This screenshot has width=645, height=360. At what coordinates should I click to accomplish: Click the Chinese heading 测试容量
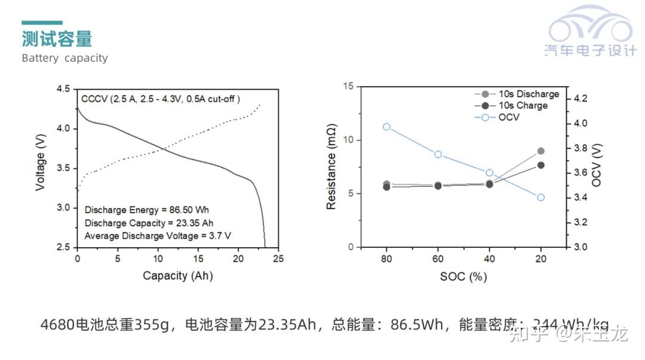tap(57, 39)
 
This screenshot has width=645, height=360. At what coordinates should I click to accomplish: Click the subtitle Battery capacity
tap(64, 58)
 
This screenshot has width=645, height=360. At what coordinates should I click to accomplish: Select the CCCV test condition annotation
tap(161, 99)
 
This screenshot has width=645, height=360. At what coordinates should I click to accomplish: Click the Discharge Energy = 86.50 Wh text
tap(147, 210)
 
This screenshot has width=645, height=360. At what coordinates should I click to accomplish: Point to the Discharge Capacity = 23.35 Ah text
tap(149, 223)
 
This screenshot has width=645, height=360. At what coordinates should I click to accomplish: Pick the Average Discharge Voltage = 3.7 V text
tap(158, 235)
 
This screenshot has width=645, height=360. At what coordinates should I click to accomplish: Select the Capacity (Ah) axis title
tap(177, 275)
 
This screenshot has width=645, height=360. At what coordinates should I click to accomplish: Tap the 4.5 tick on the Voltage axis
tap(63, 89)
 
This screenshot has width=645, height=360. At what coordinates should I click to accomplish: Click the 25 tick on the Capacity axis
tap(278, 259)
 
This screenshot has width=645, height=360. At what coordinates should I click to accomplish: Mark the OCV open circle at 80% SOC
tap(386, 127)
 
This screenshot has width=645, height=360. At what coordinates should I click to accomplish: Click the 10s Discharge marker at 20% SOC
tap(540, 151)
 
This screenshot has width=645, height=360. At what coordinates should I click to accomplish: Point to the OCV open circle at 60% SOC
tap(438, 154)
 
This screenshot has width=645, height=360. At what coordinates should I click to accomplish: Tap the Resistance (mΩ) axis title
tap(331, 168)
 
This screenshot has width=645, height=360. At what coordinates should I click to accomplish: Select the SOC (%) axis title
tap(463, 276)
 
